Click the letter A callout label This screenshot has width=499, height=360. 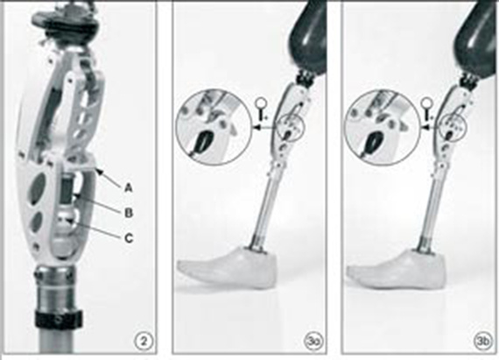pos(128,187)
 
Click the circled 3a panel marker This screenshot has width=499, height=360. pos(309,341)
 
